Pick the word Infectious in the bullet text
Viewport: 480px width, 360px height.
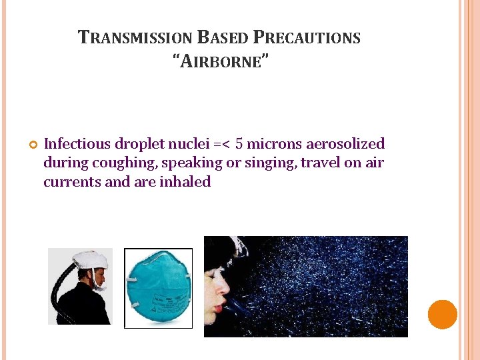77,144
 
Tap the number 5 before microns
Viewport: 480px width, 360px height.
240,144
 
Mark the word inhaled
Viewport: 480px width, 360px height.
185,181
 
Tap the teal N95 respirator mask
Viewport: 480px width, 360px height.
158,288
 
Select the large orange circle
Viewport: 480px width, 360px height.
442,315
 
